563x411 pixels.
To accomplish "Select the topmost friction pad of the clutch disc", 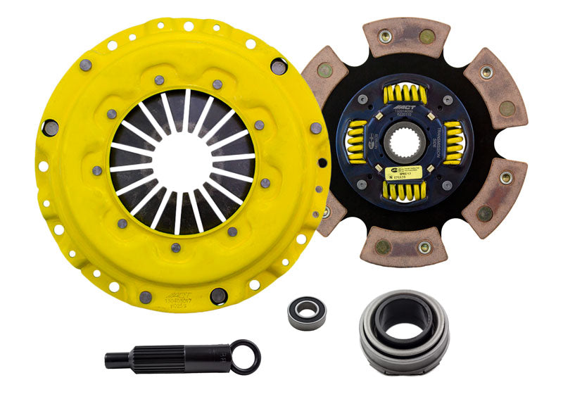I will [407, 37].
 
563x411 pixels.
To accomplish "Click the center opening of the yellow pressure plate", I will [182, 162].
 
